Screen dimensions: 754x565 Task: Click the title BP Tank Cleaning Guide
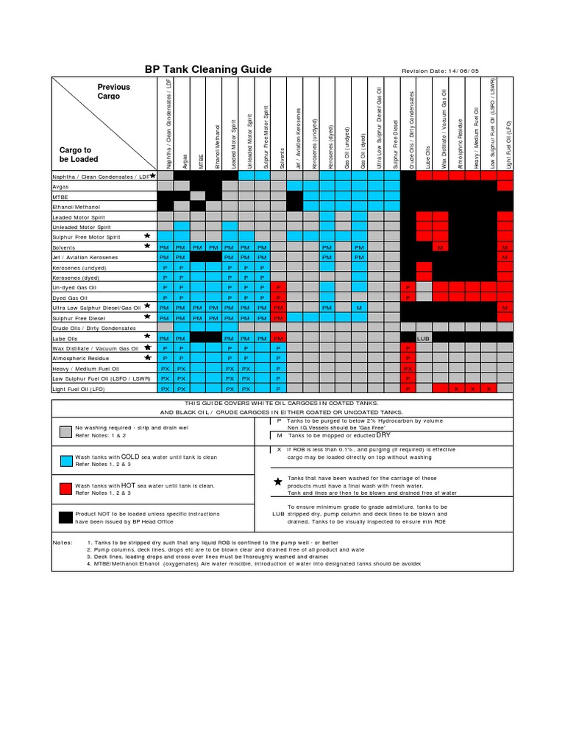pyautogui.click(x=208, y=69)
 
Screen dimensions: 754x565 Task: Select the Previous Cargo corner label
pyautogui.click(x=113, y=91)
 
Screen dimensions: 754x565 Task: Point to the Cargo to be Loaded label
pyautogui.click(x=79, y=155)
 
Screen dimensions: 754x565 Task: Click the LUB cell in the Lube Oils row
pyautogui.click(x=423, y=338)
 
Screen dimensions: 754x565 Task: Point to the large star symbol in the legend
pyautogui.click(x=277, y=482)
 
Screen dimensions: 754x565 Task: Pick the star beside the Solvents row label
pyautogui.click(x=147, y=245)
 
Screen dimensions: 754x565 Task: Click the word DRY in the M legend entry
pyautogui.click(x=373, y=435)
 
